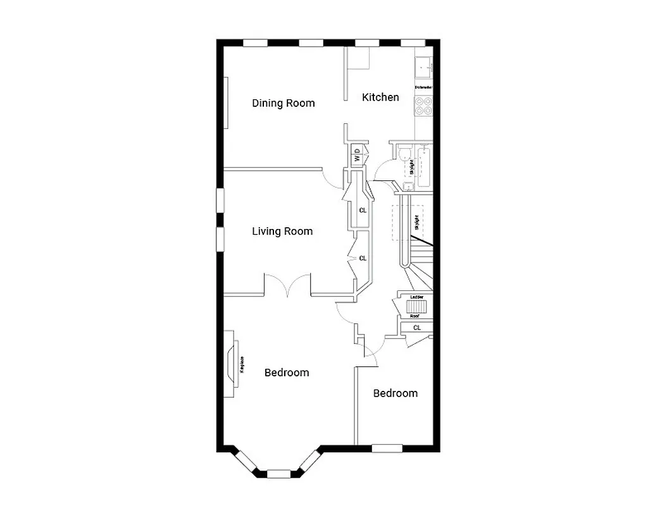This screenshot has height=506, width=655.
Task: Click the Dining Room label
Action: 283,103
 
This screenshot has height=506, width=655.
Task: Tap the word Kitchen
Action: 380,97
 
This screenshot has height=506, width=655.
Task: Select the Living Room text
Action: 282,231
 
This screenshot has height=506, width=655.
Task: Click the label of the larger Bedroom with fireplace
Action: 287,373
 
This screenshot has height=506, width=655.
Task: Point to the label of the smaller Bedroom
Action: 396,393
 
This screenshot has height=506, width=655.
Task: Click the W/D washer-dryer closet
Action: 357,156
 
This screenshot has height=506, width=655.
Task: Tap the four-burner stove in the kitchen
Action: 423,106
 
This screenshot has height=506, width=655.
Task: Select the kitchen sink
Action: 423,65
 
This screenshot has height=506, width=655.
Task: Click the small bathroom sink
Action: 408,186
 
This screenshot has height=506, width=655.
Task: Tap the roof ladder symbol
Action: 416,306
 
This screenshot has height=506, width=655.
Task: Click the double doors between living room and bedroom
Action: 287,286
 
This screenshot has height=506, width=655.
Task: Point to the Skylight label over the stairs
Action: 416,223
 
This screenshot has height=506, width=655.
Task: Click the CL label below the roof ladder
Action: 417,328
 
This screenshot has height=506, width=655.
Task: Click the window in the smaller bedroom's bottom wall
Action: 387,448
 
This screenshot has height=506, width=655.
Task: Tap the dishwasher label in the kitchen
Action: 423,87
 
